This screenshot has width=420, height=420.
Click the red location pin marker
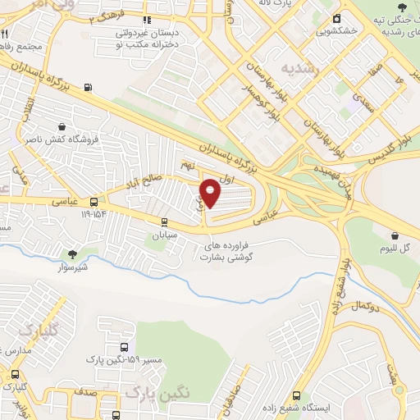211,193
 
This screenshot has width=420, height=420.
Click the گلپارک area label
36,331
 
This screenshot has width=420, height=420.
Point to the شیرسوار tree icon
73,254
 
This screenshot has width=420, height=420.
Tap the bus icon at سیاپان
164,221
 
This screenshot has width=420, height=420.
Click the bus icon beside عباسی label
94,201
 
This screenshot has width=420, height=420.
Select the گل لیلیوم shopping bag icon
395,235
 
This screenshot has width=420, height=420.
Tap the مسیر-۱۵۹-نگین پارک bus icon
123,347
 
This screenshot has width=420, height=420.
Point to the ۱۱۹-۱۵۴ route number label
94,214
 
